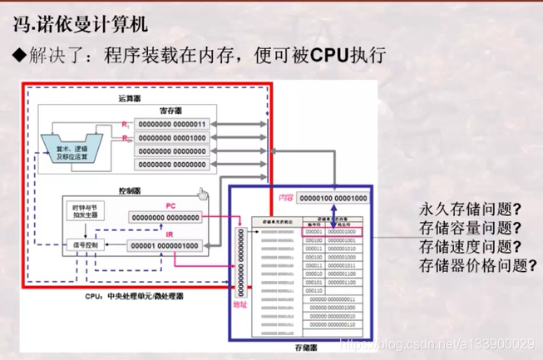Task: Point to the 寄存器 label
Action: point(170,110)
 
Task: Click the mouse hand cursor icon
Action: point(202,194)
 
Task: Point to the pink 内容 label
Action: point(287,197)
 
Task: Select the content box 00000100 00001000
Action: point(333,198)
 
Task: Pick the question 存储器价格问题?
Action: point(476,266)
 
